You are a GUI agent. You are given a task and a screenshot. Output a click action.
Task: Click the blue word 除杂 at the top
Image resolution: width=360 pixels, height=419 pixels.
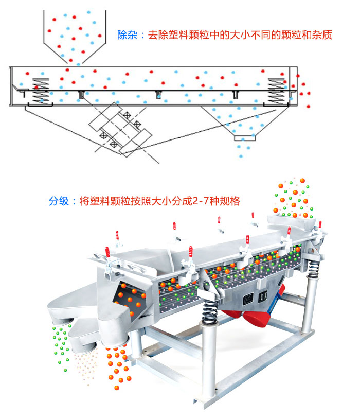tap(126, 36)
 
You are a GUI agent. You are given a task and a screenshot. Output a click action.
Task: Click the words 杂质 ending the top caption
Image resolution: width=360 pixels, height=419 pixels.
tap(323, 36)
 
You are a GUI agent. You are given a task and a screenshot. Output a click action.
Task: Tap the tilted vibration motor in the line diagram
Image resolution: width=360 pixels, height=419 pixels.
tap(120, 129)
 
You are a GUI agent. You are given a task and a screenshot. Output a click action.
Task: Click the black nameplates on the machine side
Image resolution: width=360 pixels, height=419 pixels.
tap(256, 298)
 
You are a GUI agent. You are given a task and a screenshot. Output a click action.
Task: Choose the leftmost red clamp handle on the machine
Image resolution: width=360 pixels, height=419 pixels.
tap(108, 253)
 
